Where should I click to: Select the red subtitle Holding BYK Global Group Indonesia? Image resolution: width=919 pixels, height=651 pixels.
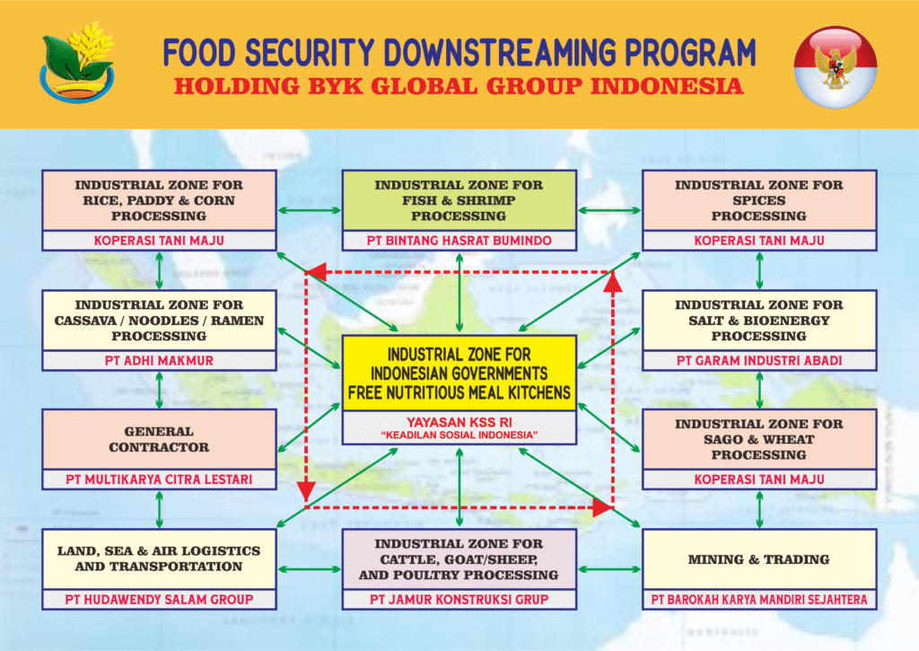tap(459, 87)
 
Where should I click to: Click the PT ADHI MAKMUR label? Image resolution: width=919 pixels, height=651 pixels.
tap(159, 360)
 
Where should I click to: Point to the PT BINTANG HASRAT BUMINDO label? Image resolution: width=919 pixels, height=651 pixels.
tap(459, 241)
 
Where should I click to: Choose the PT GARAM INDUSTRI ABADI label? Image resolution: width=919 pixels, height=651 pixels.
tap(759, 360)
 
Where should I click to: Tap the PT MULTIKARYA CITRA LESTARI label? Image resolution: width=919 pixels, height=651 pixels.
tap(159, 479)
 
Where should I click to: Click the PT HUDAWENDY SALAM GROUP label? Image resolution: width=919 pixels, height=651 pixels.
tap(159, 599)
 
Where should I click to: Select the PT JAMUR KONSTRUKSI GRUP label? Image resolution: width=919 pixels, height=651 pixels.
tap(459, 599)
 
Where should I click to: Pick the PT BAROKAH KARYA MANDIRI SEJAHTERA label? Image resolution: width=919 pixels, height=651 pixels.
tap(759, 599)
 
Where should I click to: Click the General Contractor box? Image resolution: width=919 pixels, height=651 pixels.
tap(159, 439)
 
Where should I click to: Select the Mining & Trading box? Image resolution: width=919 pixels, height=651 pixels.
tap(759, 559)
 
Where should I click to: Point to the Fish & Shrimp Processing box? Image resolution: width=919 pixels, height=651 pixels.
tap(459, 200)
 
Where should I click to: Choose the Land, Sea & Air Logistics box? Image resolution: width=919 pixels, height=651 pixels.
tap(159, 559)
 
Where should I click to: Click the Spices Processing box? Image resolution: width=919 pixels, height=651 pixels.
tap(759, 200)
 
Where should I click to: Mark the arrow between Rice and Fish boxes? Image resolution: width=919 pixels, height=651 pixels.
tap(309, 211)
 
